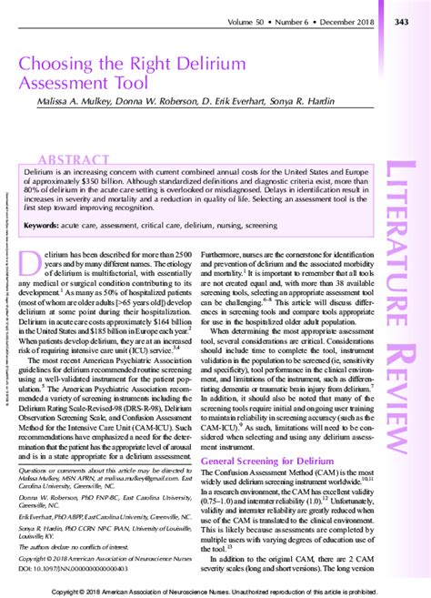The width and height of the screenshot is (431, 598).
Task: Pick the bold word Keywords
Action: pos(45,224)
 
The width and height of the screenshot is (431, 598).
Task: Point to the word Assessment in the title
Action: pos(68,86)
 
